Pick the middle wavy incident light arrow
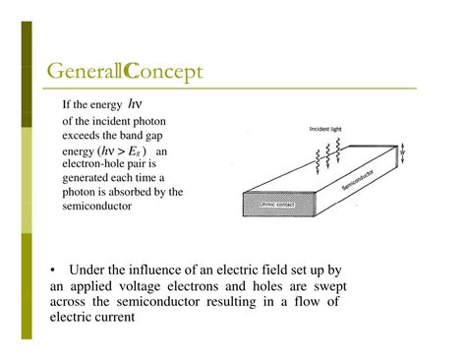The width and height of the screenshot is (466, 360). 325,152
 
